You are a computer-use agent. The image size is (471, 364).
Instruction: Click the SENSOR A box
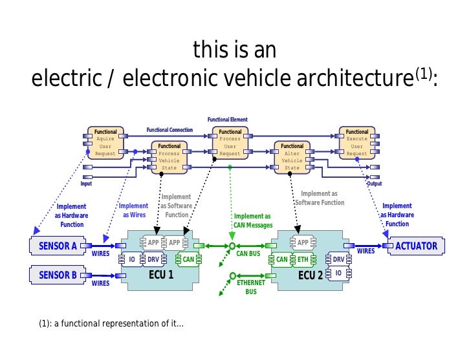point(58,246)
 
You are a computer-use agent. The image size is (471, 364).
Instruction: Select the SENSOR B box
point(58,275)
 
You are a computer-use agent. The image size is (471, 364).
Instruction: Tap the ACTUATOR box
point(416,246)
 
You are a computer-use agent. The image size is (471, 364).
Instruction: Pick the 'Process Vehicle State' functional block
point(170,157)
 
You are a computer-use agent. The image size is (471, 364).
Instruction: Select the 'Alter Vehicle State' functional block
point(292,157)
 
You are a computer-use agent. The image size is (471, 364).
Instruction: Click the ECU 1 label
point(161,274)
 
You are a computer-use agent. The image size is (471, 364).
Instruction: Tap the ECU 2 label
point(310,274)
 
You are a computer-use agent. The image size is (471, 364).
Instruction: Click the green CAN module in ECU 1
point(188,259)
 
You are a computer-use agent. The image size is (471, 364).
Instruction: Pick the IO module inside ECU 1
point(132,259)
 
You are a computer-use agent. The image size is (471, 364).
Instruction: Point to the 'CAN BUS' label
point(247,253)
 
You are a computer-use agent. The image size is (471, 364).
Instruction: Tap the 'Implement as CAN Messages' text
point(253,220)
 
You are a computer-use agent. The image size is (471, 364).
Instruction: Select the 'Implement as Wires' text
point(134,211)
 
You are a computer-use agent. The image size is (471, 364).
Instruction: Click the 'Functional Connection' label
point(170,130)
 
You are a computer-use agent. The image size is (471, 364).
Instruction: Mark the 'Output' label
point(374,184)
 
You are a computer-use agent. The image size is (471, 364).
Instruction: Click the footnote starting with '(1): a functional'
point(107,323)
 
